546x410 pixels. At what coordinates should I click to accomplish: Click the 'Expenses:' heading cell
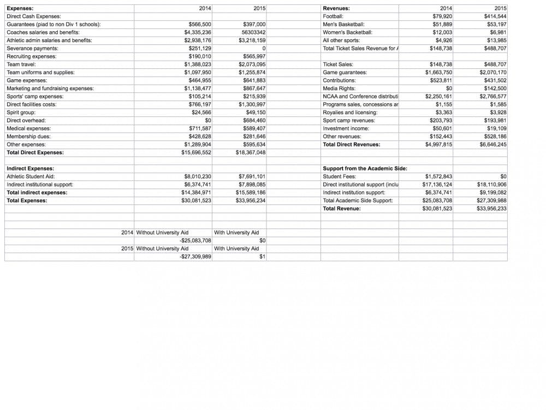pyautogui.click(x=20, y=8)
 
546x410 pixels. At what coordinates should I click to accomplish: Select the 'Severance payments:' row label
pyautogui.click(x=32, y=49)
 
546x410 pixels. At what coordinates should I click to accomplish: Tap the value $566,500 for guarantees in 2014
pyautogui.click(x=200, y=25)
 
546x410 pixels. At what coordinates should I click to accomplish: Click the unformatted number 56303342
pyautogui.click(x=253, y=32)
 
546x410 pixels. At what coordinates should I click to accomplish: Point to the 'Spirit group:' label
pyautogui.click(x=21, y=113)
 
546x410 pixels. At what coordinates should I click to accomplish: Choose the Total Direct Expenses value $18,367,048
pyautogui.click(x=251, y=153)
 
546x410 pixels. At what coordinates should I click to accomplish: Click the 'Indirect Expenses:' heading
pyautogui.click(x=30, y=168)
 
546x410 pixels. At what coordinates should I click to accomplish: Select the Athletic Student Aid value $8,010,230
pyautogui.click(x=198, y=177)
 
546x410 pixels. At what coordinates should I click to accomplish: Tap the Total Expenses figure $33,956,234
pyautogui.click(x=251, y=201)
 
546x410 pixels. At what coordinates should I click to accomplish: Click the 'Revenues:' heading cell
pyautogui.click(x=336, y=8)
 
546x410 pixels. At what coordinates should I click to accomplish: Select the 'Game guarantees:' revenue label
pyautogui.click(x=345, y=72)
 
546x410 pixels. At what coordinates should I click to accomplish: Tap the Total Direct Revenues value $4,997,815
pyautogui.click(x=438, y=144)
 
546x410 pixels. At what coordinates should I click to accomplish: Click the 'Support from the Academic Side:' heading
pyautogui.click(x=365, y=168)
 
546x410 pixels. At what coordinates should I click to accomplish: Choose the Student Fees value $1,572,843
pyautogui.click(x=438, y=177)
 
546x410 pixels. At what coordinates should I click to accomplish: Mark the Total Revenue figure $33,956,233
pyautogui.click(x=491, y=208)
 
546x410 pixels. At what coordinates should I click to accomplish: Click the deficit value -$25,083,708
pyautogui.click(x=195, y=241)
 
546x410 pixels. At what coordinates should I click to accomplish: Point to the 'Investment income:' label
pyautogui.click(x=346, y=128)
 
